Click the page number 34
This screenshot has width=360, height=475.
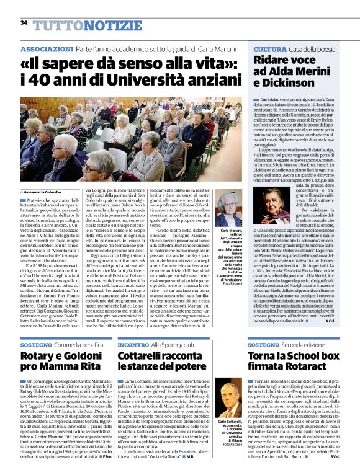[24, 23]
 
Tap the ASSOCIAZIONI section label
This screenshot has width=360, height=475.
[47, 48]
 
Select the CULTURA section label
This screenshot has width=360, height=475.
[269, 48]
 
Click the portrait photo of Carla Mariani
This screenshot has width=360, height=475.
[230, 209]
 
